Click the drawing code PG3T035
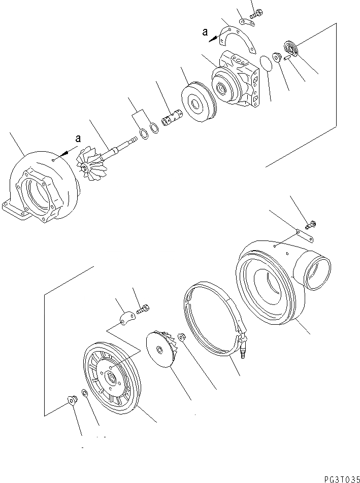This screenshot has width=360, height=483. click(x=340, y=478)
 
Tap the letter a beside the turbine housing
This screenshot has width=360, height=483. click(x=78, y=138)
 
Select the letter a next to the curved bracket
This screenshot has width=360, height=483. click(x=205, y=32)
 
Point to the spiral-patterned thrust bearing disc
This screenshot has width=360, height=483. click(x=292, y=48)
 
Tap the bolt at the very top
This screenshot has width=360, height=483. click(x=255, y=13)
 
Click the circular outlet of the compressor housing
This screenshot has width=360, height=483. click(x=316, y=274)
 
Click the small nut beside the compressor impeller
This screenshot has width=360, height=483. click(x=181, y=336)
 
